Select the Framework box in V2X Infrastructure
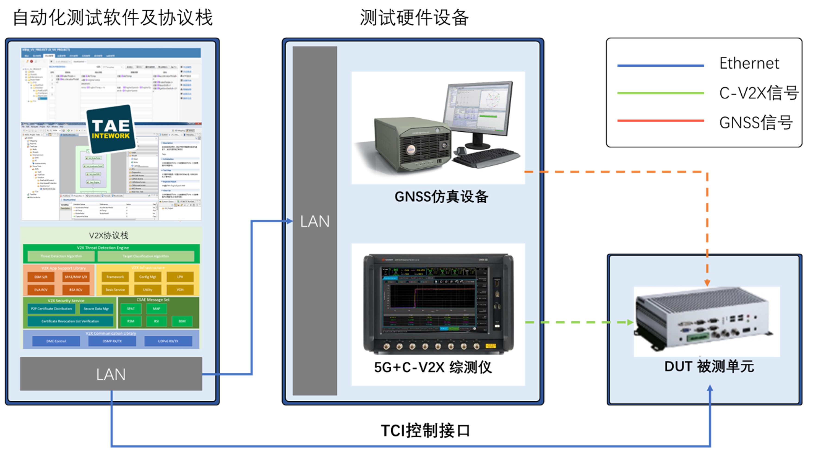pyautogui.click(x=115, y=277)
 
